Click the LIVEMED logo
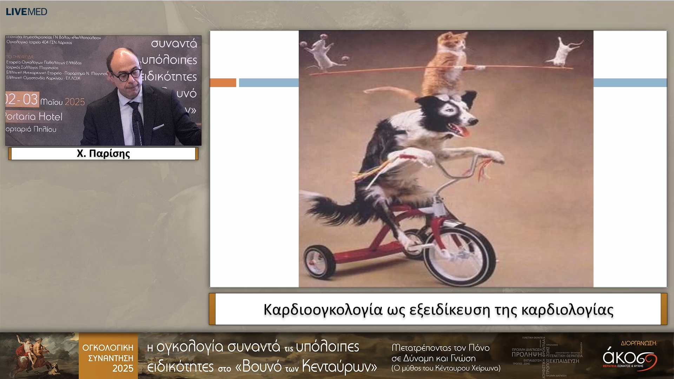tap(26, 12)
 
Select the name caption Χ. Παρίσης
tap(103, 154)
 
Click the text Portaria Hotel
tap(34, 117)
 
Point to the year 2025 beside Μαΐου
tap(75, 102)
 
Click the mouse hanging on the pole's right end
tap(565, 53)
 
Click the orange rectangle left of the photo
tap(223, 82)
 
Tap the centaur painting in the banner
tap(39, 355)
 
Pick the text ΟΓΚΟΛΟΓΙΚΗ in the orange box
tap(108, 348)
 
